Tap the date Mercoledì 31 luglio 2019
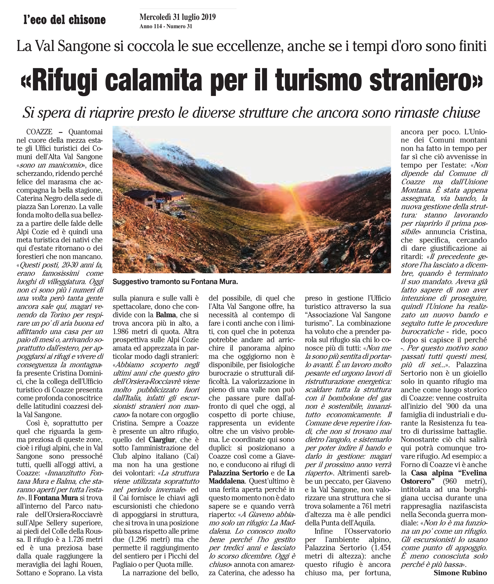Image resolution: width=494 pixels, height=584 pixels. (x=178, y=17)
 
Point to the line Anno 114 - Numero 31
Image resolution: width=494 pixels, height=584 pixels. (x=166, y=27)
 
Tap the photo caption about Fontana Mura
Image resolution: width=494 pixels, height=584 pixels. (x=175, y=282)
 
